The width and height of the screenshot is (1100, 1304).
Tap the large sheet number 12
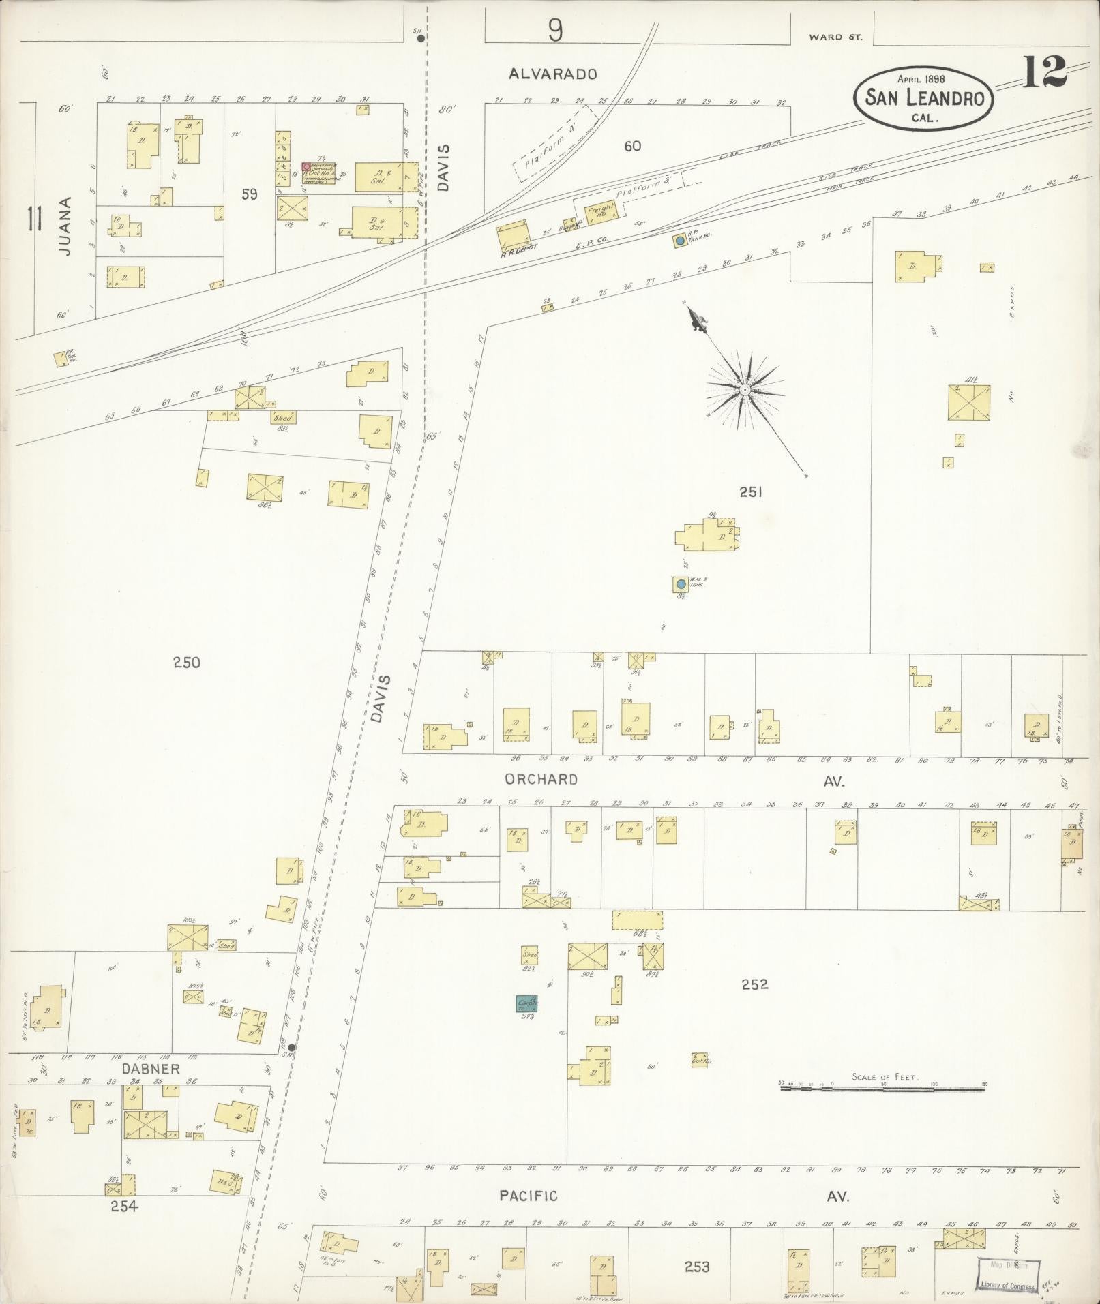tap(1043, 72)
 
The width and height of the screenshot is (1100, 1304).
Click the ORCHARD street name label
tap(541, 779)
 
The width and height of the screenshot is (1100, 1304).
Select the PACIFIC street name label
tap(528, 1196)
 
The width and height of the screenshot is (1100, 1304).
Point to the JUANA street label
tap(64, 226)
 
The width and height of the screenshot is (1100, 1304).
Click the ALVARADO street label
tap(553, 74)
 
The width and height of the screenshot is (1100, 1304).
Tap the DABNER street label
tap(142, 1069)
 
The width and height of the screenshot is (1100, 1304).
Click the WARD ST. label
tap(835, 37)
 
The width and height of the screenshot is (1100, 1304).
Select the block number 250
tap(186, 662)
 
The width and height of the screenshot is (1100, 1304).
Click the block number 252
tap(755, 984)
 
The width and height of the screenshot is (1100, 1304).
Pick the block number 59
tap(250, 194)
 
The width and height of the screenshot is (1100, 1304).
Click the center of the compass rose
tap(745, 389)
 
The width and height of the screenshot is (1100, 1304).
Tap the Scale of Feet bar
tap(882, 1108)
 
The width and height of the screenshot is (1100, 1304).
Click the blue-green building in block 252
tap(526, 1004)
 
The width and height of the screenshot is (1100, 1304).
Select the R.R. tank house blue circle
tap(679, 241)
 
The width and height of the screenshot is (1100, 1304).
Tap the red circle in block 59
tap(306, 167)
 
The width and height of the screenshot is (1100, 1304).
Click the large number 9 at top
tap(556, 31)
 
